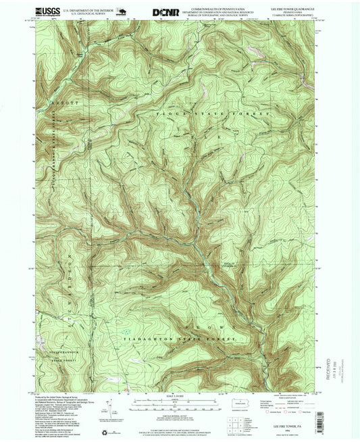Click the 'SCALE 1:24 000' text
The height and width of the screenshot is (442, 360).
(179, 395)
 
